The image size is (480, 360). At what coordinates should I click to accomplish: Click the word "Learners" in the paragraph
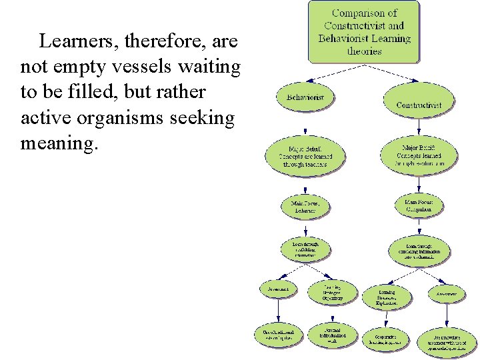70,42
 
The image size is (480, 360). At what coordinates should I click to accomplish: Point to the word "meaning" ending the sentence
57,143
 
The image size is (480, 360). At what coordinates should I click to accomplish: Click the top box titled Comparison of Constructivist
364,31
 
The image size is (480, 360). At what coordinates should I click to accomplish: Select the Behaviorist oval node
305,97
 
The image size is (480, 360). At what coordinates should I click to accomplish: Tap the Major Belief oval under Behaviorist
306,155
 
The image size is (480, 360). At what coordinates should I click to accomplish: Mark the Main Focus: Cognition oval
419,205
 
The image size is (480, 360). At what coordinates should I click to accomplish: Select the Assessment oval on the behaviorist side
279,290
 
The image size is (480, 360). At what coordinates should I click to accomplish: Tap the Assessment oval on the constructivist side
447,293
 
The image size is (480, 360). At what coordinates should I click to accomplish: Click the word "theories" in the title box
364,51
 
